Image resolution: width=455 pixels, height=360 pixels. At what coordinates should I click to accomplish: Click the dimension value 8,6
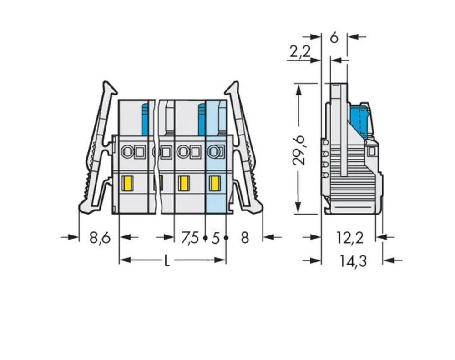pyautogui.click(x=100, y=238)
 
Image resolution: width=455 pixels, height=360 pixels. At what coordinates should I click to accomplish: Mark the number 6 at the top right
pyautogui.click(x=334, y=38)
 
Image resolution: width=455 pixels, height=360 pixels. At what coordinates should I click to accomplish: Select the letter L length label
pyautogui.click(x=167, y=261)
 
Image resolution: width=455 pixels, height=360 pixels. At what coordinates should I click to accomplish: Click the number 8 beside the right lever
pyautogui.click(x=245, y=238)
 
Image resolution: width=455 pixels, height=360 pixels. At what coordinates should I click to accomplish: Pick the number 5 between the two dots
pyautogui.click(x=216, y=238)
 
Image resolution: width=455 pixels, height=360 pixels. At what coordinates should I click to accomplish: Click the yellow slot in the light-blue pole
pyautogui.click(x=213, y=183)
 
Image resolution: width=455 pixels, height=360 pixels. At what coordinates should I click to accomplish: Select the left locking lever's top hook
pyautogui.click(x=108, y=86)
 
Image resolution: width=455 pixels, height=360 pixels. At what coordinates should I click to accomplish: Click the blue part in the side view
pyautogui.click(x=359, y=120)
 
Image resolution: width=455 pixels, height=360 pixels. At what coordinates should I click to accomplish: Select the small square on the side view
pyautogui.click(x=372, y=151)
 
